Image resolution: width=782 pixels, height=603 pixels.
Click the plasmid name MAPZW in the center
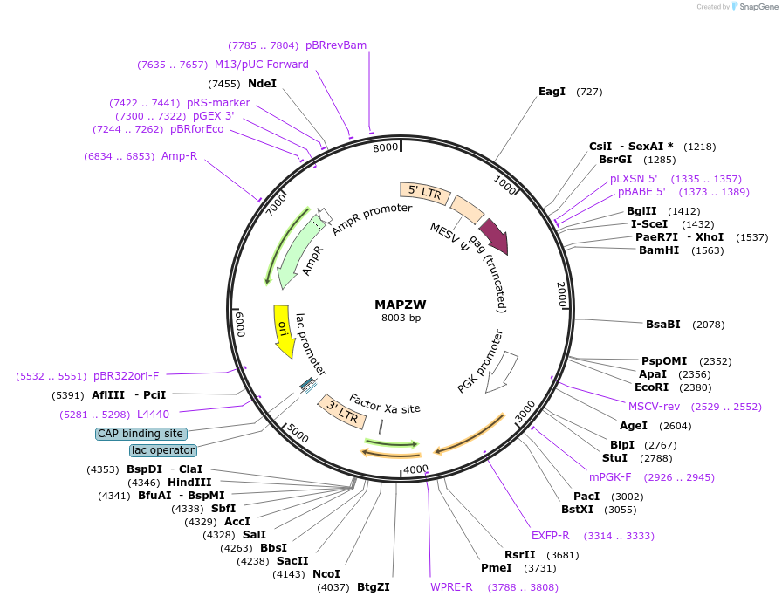pyautogui.click(x=400, y=305)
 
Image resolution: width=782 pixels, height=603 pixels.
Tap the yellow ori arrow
pyautogui.click(x=283, y=330)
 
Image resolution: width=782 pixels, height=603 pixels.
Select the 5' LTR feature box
pyautogui.click(x=421, y=192)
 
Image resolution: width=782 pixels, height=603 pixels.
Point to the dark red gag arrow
pyautogui.click(x=493, y=236)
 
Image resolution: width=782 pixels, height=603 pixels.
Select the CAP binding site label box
pyautogui.click(x=141, y=433)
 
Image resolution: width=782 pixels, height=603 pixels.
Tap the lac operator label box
pyautogui.click(x=163, y=450)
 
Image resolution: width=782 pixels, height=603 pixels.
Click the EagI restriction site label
pyautogui.click(x=552, y=92)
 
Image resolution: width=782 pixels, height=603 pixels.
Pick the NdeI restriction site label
pyautogui.click(x=262, y=84)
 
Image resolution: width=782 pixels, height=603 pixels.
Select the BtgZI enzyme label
pyautogui.click(x=373, y=587)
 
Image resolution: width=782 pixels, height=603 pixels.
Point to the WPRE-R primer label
pyautogui.click(x=451, y=587)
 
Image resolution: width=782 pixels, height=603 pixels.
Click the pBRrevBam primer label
pyautogui.click(x=336, y=45)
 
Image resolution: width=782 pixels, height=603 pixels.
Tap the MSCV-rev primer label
pyautogui.click(x=654, y=406)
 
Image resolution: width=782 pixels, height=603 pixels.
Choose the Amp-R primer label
pyautogui.click(x=179, y=156)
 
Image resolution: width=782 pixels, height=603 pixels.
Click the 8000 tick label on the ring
pyautogui.click(x=385, y=148)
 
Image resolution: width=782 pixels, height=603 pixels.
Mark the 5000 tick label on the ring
pyautogui.click(x=298, y=432)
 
